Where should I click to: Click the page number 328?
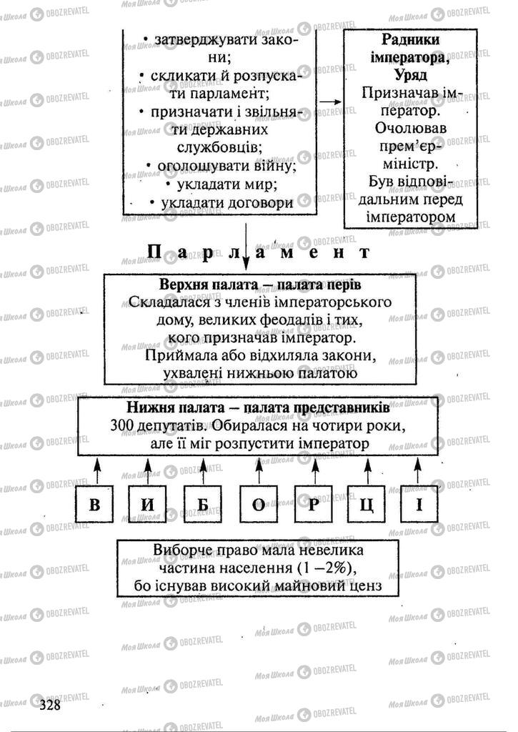pyautogui.click(x=49, y=705)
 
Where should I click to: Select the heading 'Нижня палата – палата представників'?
pyautogui.click(x=259, y=408)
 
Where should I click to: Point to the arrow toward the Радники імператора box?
pyautogui.click(x=329, y=101)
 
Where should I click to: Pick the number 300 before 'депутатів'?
pyautogui.click(x=124, y=426)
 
